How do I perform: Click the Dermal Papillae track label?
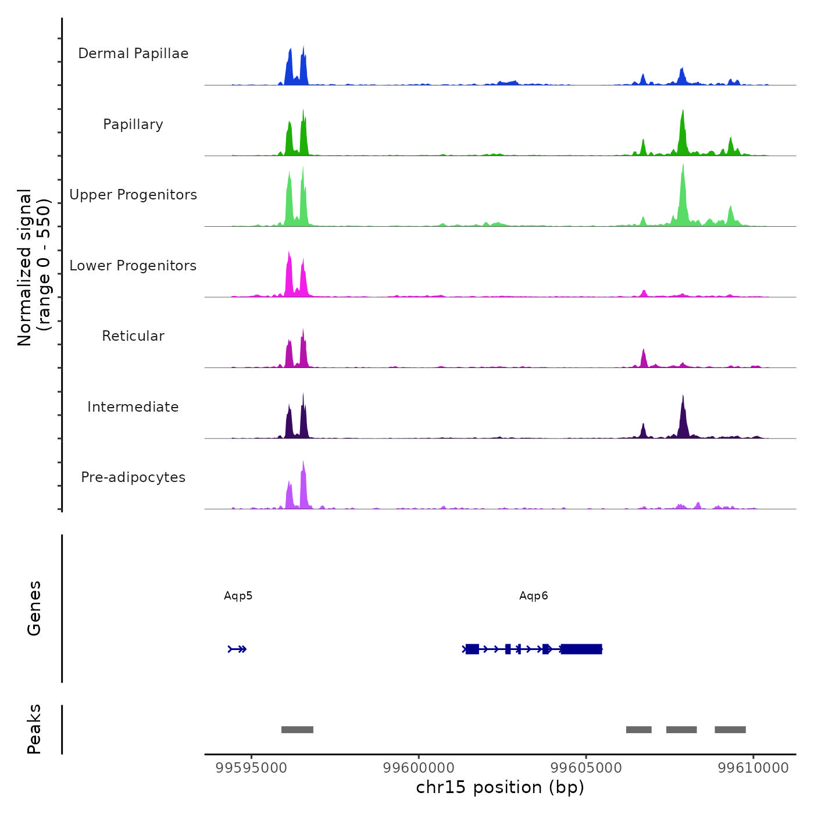133,53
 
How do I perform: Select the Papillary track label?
133,124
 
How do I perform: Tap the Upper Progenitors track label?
133,195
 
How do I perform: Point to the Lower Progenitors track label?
133,266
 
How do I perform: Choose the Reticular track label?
133,336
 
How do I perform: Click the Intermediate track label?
133,407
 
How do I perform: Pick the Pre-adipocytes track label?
133,477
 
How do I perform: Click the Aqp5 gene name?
238,596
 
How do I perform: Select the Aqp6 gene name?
534,596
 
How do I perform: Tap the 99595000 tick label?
251,768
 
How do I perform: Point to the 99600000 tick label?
419,768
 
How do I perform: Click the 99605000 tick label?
586,768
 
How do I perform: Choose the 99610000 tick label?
754,768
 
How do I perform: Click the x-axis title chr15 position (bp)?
500,788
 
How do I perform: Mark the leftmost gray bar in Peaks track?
297,730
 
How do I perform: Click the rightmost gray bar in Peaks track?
730,730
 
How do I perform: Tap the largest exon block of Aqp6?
581,649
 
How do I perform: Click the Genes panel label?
34,608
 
